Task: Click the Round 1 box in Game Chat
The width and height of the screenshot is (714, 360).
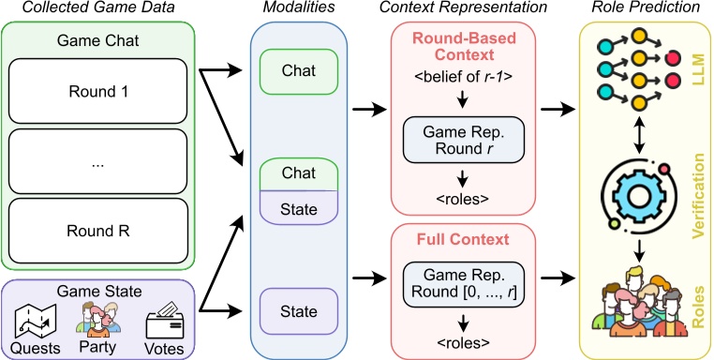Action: point(97,92)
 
